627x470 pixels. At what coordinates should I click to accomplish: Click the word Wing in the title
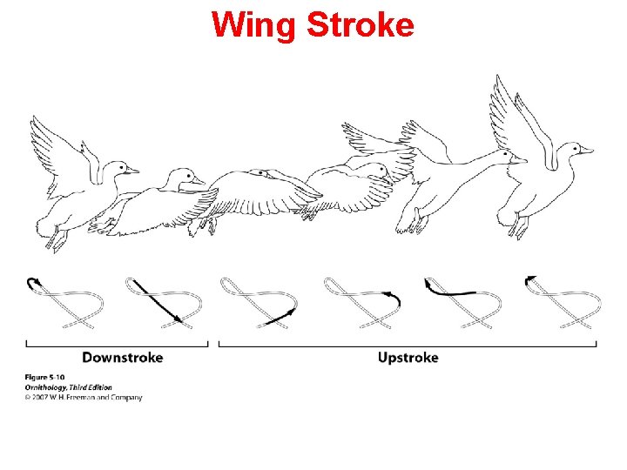click(253, 25)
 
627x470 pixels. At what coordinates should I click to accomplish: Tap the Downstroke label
click(122, 358)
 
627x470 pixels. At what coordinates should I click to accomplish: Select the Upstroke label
click(408, 358)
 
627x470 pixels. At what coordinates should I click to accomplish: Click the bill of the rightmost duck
click(586, 150)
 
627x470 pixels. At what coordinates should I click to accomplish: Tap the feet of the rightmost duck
click(520, 227)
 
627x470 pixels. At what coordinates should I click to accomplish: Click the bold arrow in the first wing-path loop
click(34, 283)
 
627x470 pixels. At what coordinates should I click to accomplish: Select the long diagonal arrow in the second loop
click(157, 301)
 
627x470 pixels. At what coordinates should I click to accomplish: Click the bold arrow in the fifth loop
click(448, 289)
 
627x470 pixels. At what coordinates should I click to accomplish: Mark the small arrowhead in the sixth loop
click(530, 280)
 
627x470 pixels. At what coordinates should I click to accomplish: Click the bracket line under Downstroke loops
click(118, 345)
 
